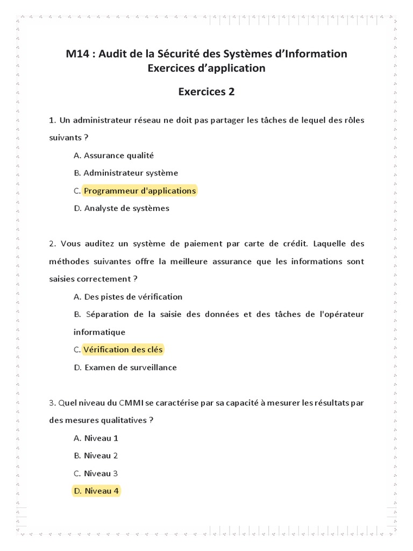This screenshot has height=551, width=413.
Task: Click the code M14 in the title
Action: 76,54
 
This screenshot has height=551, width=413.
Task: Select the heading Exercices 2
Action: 206,91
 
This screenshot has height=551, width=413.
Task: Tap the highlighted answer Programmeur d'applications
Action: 140,190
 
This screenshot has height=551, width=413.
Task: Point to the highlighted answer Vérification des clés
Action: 123,350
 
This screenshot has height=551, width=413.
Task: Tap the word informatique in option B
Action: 99,332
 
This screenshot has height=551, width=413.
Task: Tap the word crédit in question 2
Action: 295,244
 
